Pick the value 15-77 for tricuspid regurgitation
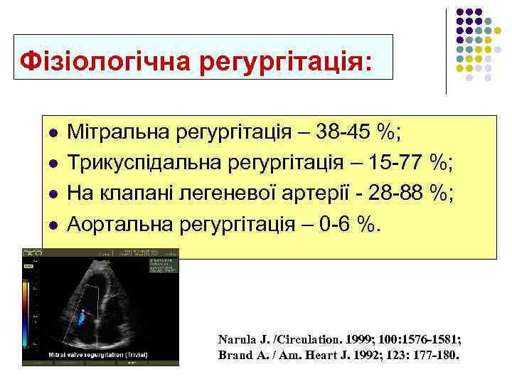tap(403, 163)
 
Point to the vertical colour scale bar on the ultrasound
tap(27, 306)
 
